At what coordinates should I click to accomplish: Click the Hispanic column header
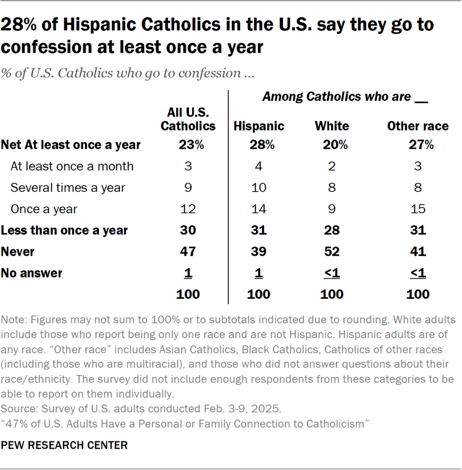258,126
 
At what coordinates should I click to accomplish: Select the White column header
332,126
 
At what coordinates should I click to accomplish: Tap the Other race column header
417,126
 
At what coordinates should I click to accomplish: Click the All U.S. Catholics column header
188,119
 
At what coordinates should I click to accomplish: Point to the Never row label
18,251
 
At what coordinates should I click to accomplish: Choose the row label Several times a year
68,188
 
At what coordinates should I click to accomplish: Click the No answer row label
32,273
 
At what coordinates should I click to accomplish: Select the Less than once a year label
64,231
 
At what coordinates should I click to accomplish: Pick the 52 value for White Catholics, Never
332,251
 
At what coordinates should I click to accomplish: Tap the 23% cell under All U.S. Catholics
188,146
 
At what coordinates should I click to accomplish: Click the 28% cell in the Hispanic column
258,146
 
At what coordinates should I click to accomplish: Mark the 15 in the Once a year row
417,209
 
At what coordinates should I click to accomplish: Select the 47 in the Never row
188,251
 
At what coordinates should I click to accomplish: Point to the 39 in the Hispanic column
258,251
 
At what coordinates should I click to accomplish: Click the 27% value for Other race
417,146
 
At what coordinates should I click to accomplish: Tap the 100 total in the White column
332,294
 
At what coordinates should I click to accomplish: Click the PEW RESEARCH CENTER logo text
64,445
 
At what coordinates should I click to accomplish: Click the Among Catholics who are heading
344,97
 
